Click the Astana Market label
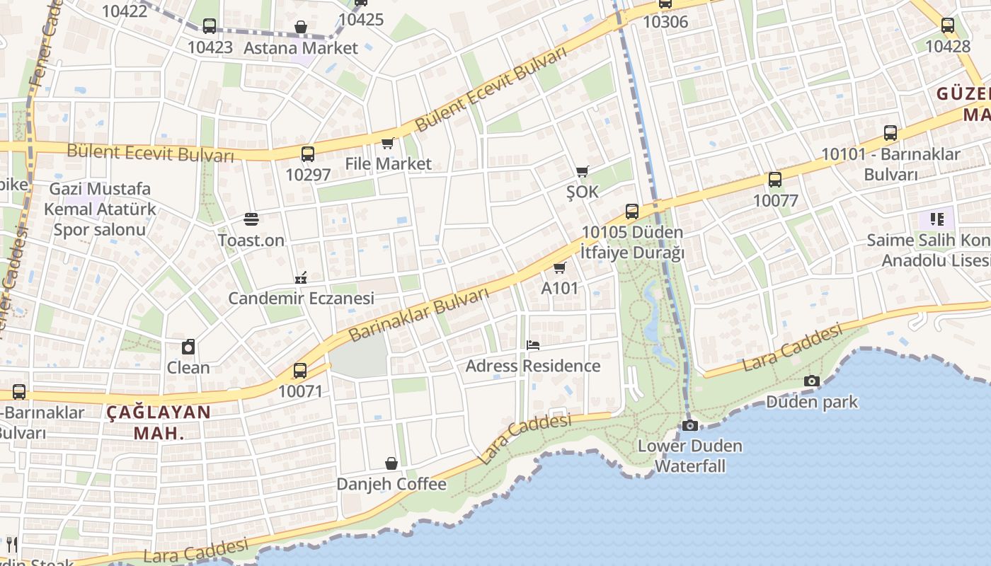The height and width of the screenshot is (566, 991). [x=301, y=48]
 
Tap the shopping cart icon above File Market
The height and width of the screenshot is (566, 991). [x=387, y=144]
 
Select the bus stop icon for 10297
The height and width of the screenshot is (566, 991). [x=307, y=154]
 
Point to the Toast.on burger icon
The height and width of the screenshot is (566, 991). [x=251, y=219]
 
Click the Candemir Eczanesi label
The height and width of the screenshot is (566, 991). [x=301, y=298]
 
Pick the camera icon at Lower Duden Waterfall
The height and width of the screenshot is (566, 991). [x=689, y=425]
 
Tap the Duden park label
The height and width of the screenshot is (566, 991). [x=812, y=402]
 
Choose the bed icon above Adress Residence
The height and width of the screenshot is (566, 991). [x=533, y=345]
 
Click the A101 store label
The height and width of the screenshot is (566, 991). [x=559, y=288]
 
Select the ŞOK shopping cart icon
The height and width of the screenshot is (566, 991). [x=583, y=171]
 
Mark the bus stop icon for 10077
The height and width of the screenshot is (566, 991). [x=775, y=180]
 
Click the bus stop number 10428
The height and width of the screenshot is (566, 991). [x=947, y=46]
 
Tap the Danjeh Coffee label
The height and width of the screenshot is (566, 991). [x=391, y=484]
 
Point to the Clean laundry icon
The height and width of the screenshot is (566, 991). [x=188, y=347]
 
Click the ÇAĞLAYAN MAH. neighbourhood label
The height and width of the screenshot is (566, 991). [x=159, y=422]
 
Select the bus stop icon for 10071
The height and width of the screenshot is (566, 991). [x=300, y=370]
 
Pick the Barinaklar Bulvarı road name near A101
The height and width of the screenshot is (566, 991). [x=419, y=314]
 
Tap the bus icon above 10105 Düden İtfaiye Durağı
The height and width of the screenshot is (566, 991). [x=632, y=211]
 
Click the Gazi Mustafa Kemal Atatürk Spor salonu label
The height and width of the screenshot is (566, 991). [x=99, y=209]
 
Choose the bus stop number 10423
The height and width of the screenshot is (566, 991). [x=210, y=47]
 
